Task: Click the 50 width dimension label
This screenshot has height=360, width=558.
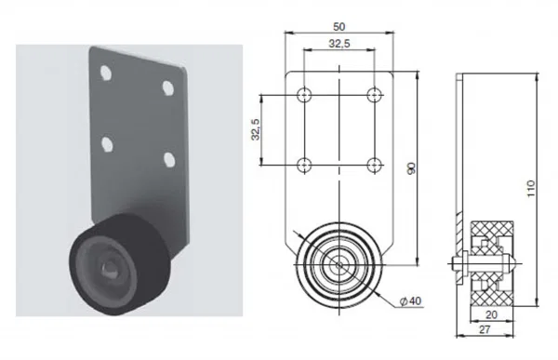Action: [x=339, y=27]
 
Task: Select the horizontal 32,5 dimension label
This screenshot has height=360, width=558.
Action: [x=339, y=44]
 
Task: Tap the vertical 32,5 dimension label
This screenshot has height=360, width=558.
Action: [x=256, y=129]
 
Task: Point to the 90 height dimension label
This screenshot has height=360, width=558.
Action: [x=411, y=168]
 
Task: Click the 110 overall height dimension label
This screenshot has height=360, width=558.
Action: [x=531, y=189]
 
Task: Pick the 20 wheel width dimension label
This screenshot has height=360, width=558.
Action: [x=491, y=314]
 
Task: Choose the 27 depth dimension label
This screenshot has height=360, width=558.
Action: [x=485, y=329]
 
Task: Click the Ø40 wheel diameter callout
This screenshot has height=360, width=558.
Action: [x=410, y=301]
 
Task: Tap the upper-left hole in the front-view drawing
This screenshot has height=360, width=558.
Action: [x=304, y=95]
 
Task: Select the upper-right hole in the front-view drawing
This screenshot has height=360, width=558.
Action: [x=374, y=95]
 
